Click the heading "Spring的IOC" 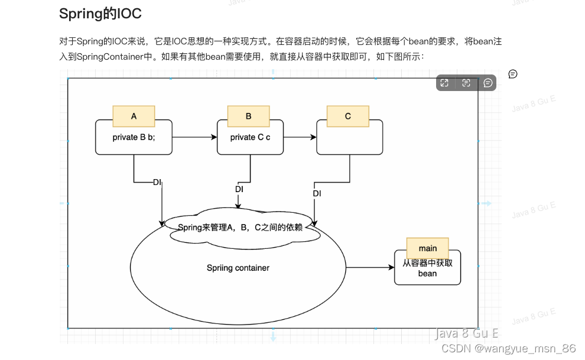click(x=100, y=13)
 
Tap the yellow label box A click(x=134, y=116)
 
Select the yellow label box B click(x=248, y=116)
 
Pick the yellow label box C click(x=347, y=116)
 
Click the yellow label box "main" click(x=427, y=248)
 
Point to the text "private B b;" click(x=134, y=137)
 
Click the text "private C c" click(x=250, y=137)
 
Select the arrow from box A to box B click(x=194, y=137)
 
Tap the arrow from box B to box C click(x=300, y=137)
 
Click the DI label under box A click(x=157, y=182)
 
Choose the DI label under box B click(x=239, y=189)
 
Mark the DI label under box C click(x=317, y=193)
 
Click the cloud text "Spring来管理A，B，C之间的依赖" click(x=240, y=228)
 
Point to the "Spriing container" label click(x=238, y=268)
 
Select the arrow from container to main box click(x=370, y=268)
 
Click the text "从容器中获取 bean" click(x=427, y=268)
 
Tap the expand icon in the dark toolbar click(x=444, y=83)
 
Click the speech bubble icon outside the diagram click(x=513, y=74)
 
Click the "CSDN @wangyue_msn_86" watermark click(x=508, y=348)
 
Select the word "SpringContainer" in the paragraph click(x=110, y=57)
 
